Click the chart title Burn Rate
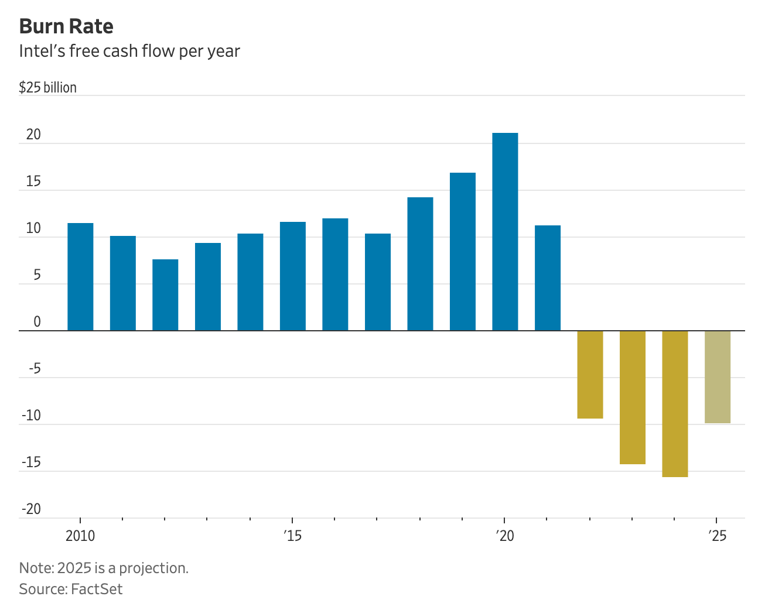[x=66, y=26]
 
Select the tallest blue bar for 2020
[x=505, y=232]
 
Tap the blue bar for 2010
[x=80, y=277]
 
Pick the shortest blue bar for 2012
[x=165, y=295]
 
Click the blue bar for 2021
[x=548, y=278]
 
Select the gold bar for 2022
[x=590, y=375]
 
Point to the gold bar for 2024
[x=675, y=404]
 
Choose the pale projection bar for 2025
[x=717, y=377]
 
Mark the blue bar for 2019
[x=463, y=252]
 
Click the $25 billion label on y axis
[x=47, y=88]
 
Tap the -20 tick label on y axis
[x=32, y=509]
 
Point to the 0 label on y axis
[x=37, y=322]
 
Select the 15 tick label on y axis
[x=33, y=181]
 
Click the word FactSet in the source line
[x=97, y=589]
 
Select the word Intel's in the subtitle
[x=42, y=52]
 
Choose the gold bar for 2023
[x=633, y=397]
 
